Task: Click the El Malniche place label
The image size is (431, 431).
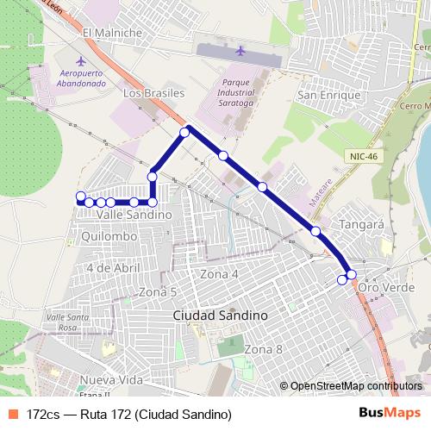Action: tap(111, 33)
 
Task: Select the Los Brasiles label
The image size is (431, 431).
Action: tap(154, 92)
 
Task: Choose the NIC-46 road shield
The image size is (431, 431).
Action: tap(365, 156)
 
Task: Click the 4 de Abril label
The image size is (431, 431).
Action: tap(113, 267)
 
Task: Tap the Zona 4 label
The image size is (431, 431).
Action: tap(219, 273)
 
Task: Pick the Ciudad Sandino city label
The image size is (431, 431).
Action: tap(220, 315)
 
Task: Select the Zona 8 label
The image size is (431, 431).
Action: tap(263, 349)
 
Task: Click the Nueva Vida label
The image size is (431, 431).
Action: tap(111, 380)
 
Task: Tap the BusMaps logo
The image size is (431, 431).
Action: tap(390, 413)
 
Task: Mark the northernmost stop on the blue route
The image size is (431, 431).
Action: tap(184, 132)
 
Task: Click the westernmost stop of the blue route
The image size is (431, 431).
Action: tap(81, 196)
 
